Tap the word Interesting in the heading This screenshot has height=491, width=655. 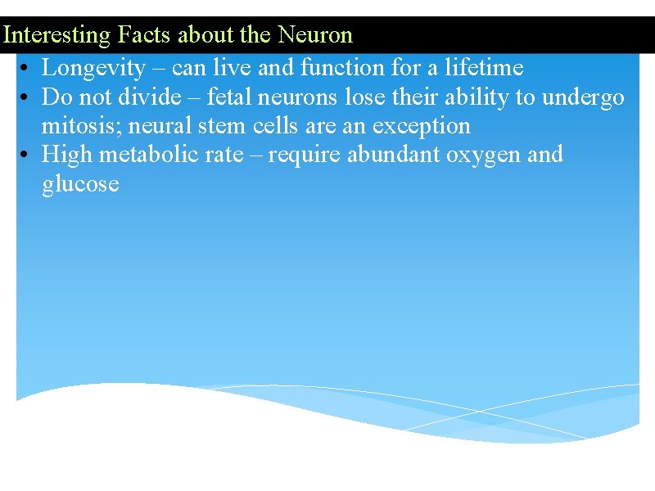click(56, 35)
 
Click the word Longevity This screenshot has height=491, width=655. click(93, 68)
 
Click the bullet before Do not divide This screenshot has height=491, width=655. click(27, 97)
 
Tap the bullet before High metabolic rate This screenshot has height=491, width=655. click(27, 155)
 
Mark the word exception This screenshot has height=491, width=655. click(421, 125)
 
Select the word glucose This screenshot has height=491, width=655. click(80, 183)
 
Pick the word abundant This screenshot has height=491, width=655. click(392, 154)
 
